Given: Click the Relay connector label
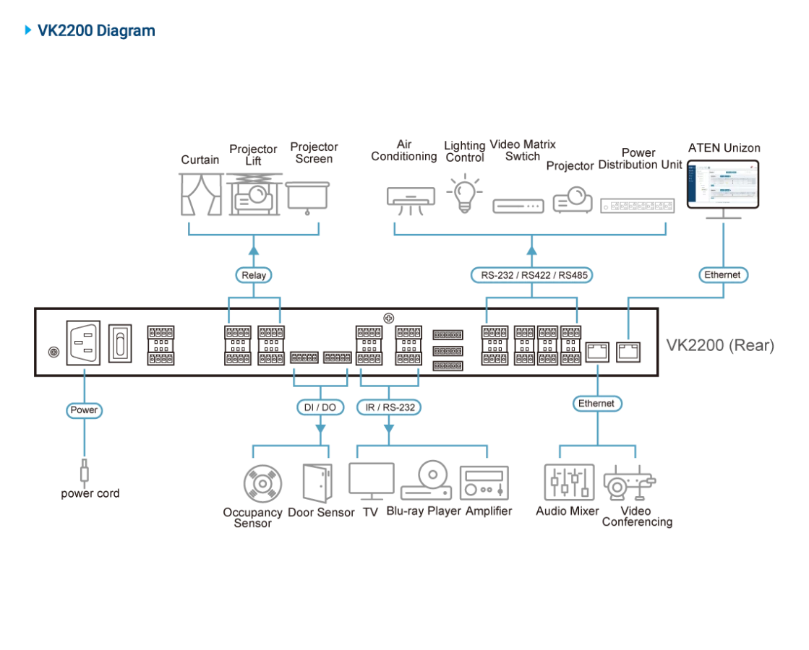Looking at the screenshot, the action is [253, 275].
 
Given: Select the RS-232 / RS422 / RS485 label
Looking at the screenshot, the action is [532, 275].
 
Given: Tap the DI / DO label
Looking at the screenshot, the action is [320, 407].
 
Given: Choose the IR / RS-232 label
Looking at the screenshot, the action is [389, 407].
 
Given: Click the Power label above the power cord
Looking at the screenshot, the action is [84, 410].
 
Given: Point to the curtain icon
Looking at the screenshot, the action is [201, 194].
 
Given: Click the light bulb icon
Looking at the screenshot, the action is [464, 194].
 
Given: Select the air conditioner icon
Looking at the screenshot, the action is [411, 201].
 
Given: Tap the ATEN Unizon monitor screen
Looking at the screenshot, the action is [723, 185].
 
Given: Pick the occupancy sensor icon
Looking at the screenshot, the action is [262, 483].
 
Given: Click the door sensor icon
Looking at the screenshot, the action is [317, 483].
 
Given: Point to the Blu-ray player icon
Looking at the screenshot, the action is [426, 480].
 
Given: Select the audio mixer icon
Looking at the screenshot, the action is [569, 482].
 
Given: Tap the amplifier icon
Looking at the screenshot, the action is [484, 483].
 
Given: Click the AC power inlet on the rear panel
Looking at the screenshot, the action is [83, 343].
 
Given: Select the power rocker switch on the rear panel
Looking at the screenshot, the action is [120, 343].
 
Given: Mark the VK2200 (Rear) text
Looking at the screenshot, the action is [720, 344].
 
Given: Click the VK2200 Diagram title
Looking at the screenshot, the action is [96, 30].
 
